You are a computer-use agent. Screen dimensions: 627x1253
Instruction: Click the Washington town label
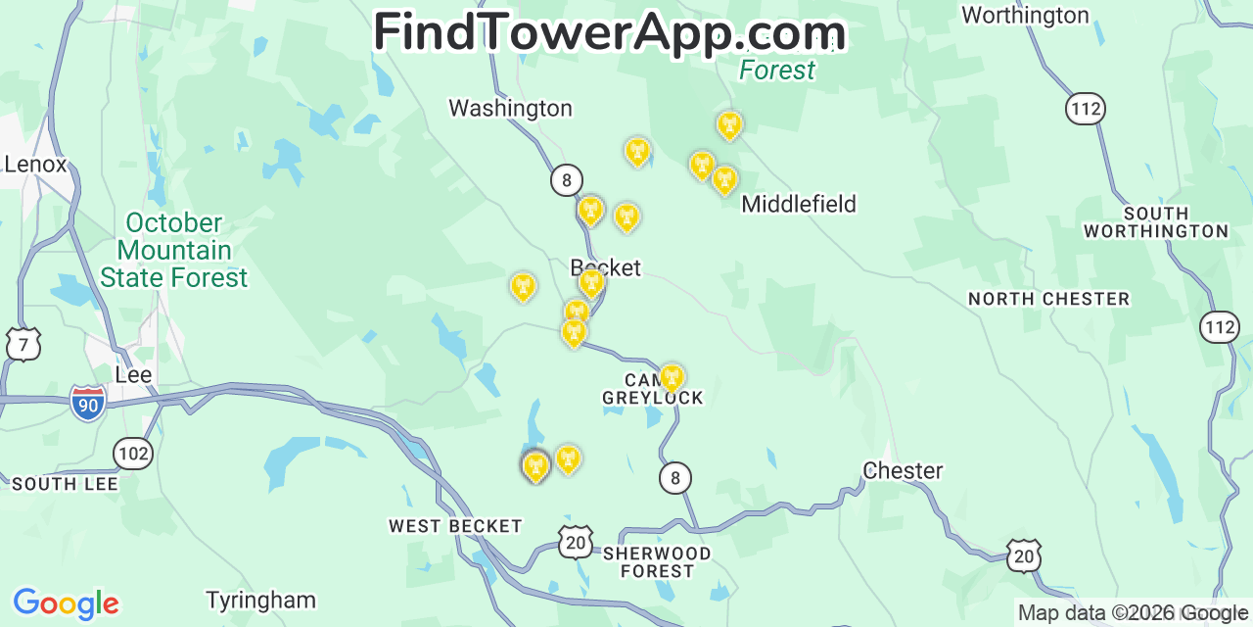point(510,108)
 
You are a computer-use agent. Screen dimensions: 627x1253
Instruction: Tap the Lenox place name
point(35,164)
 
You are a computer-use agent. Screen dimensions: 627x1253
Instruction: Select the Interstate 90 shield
point(88,403)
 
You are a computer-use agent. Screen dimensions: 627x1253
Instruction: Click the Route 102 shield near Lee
point(132,453)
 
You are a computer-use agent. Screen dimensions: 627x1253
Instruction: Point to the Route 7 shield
point(23,344)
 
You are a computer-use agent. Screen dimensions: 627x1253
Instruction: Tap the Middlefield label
point(799,204)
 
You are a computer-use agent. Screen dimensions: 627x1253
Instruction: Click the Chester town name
point(903,471)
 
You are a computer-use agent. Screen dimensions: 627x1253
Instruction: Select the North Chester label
point(1048,299)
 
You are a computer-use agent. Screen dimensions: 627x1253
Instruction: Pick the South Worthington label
point(1155,222)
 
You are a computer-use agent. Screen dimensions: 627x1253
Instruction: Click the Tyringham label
point(260,600)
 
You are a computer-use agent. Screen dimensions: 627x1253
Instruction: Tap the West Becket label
point(455,526)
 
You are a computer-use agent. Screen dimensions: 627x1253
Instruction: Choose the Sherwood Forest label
point(657,562)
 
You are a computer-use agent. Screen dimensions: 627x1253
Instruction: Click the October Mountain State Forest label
point(174,251)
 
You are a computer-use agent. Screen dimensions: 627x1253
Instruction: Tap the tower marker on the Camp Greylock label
point(672,377)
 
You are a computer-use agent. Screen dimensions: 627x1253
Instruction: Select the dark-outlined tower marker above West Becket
point(535,466)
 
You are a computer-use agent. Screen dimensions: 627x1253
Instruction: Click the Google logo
point(66,603)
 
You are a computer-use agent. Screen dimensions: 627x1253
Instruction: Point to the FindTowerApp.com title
point(609,32)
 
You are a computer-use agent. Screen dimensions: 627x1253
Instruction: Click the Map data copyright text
point(1133,613)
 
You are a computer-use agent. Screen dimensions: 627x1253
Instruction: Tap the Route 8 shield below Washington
point(566,180)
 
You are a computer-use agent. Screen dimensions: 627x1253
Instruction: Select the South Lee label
point(65,484)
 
